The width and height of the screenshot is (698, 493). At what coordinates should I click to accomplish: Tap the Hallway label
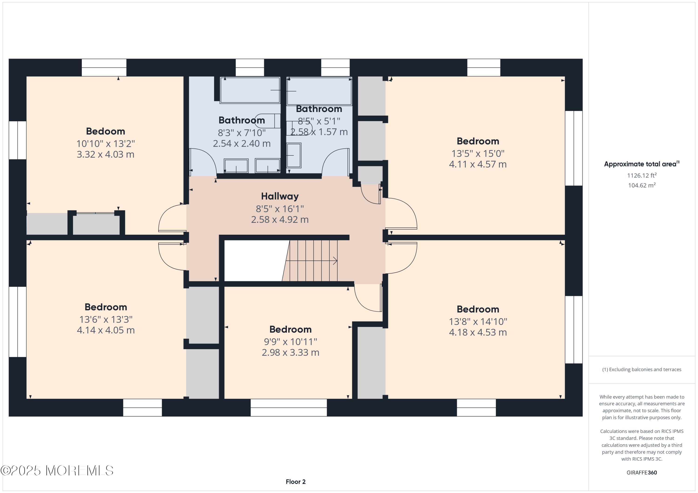(x=280, y=196)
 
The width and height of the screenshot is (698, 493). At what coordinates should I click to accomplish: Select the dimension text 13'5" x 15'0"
(x=478, y=153)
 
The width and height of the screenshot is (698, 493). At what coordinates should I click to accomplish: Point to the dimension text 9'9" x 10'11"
(x=290, y=342)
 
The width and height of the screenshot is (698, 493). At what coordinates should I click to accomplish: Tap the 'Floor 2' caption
(x=295, y=482)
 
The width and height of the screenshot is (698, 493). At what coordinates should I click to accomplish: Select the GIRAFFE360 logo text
(x=642, y=472)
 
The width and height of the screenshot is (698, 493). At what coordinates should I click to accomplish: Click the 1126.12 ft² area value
(x=642, y=175)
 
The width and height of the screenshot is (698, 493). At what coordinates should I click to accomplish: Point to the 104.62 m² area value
(x=642, y=185)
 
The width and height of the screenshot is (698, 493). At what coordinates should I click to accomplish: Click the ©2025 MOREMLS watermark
(x=57, y=470)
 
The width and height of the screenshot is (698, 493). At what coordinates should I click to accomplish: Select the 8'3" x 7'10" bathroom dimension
(x=242, y=133)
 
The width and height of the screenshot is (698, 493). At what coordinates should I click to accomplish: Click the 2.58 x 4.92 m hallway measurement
(x=280, y=220)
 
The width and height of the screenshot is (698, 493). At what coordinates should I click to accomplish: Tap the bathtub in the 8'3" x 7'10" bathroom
(x=250, y=90)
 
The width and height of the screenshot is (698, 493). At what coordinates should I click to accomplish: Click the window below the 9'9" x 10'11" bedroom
(x=289, y=408)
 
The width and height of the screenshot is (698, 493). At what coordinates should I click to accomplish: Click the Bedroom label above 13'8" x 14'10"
(x=478, y=309)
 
